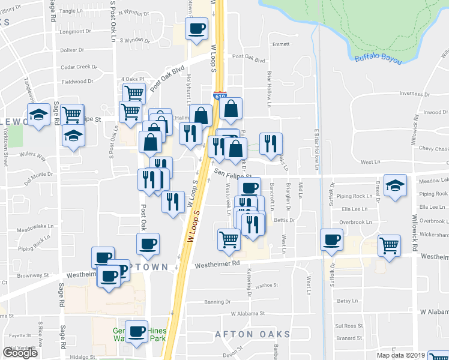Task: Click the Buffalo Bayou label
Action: click(378, 59)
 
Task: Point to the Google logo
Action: click(20, 353)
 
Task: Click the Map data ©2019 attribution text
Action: click(401, 355)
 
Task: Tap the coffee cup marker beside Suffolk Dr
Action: click(332, 240)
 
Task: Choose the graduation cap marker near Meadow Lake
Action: click(395, 185)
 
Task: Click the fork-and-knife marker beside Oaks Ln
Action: click(271, 143)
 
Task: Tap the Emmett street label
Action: click(280, 44)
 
